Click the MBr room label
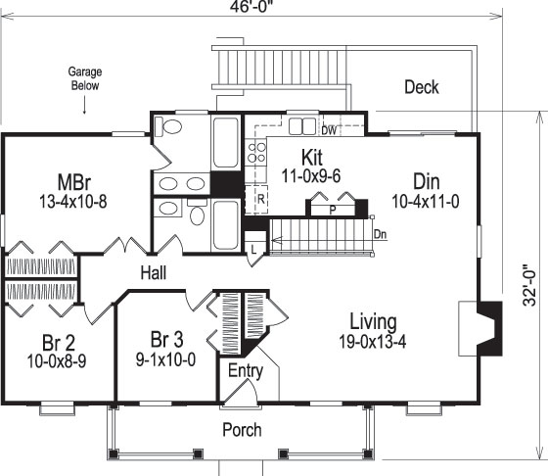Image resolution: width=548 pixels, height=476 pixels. (74, 182)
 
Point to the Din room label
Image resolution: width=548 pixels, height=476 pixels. (426, 180)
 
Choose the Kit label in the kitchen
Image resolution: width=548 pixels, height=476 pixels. (312, 158)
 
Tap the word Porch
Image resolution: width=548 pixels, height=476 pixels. (241, 429)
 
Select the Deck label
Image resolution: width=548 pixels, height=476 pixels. (422, 87)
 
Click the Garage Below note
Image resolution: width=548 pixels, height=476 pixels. (85, 78)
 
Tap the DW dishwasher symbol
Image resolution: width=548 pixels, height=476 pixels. (329, 129)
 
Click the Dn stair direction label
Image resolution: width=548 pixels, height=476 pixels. (380, 234)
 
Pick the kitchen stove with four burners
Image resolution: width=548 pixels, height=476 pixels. (257, 151)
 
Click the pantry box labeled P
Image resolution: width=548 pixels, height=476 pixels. (333, 208)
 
